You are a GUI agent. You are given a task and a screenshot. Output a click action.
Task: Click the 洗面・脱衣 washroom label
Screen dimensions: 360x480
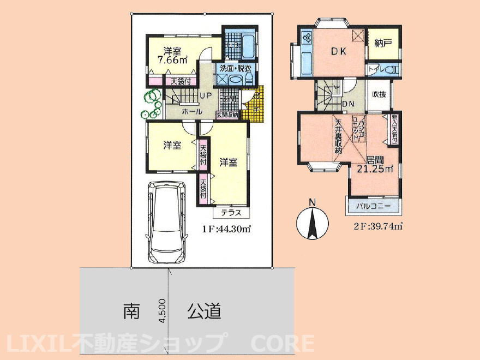[235, 69]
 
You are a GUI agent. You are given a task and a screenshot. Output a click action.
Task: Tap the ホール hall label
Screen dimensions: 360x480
[192, 111]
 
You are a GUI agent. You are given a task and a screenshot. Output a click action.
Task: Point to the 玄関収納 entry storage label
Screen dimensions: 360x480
[226, 115]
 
